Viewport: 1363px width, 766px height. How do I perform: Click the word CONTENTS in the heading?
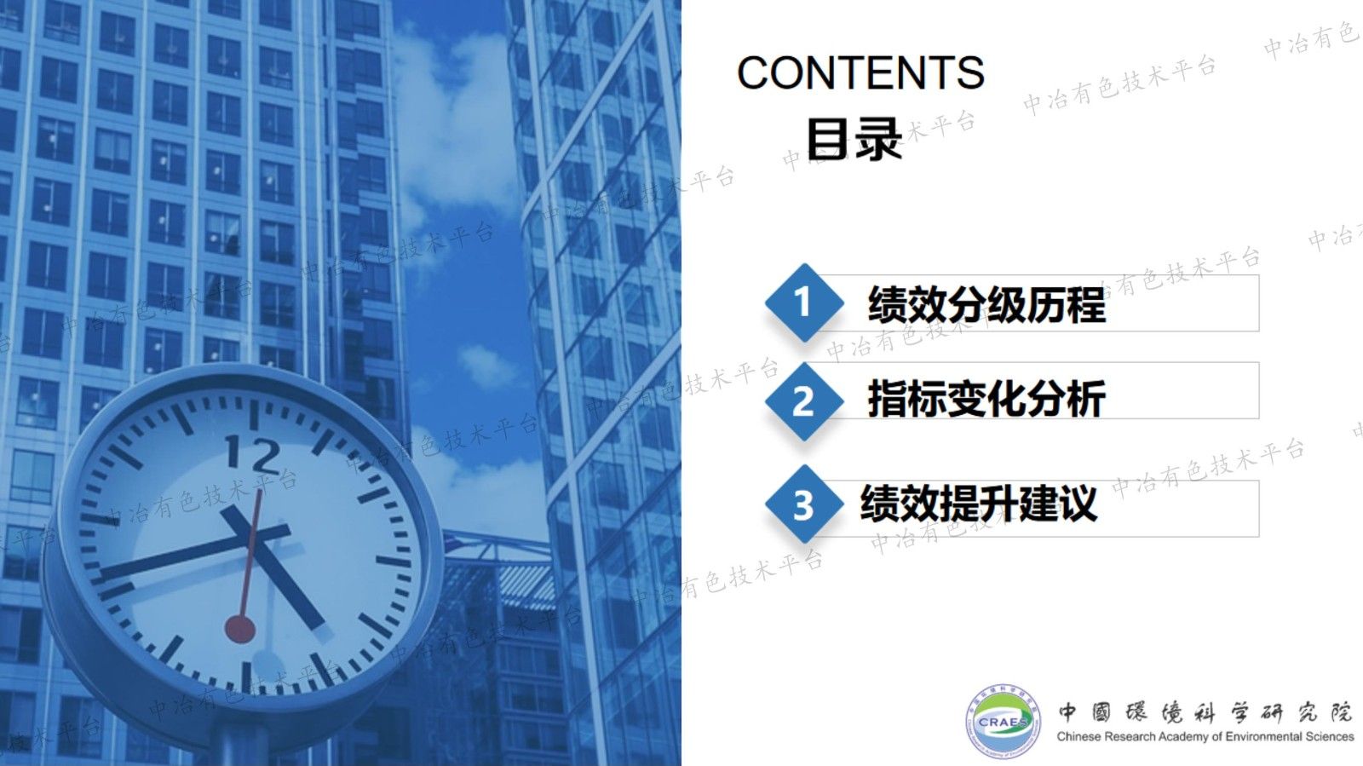[860, 73]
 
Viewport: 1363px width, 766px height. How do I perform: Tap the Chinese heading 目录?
[854, 140]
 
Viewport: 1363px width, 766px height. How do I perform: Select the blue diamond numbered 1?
[802, 302]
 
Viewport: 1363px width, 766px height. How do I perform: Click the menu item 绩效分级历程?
[986, 304]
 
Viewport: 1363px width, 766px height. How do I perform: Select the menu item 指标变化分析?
[986, 399]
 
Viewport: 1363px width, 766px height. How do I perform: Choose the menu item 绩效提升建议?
[978, 503]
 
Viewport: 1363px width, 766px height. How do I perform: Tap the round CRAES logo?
[1004, 721]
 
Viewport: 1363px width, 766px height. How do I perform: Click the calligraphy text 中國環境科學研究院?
[1205, 712]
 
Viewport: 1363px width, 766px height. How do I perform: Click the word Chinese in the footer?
[1078, 737]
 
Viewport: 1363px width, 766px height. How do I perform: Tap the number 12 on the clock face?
[252, 455]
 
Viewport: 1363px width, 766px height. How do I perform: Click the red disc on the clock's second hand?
[240, 630]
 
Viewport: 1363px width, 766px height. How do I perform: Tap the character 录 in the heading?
[878, 140]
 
